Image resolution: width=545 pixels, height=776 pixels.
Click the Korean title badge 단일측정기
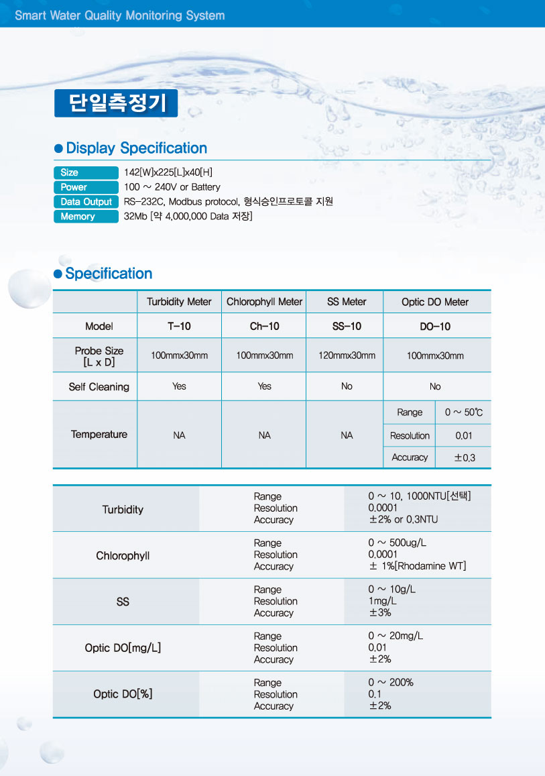115,103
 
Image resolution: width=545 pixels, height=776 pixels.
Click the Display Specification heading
136,148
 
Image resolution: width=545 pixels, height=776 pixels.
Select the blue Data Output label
86,202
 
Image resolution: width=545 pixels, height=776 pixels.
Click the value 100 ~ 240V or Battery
172,187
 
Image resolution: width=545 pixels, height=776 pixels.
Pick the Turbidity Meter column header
179,302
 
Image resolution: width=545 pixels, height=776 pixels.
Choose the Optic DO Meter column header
435,302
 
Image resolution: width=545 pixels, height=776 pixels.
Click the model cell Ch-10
264,327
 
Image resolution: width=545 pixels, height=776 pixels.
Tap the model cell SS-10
347,327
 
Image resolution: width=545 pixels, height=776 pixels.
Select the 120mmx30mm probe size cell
347,355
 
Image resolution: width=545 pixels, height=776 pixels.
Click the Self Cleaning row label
99,387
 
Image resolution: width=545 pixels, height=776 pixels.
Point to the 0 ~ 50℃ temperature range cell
463,412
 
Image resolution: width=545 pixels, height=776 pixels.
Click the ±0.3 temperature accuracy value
463,457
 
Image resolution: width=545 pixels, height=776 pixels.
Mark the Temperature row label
99,435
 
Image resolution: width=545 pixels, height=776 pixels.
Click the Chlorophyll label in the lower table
123,556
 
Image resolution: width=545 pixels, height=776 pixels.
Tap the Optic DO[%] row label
123,694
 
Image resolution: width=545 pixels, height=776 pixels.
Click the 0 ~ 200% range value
391,683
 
